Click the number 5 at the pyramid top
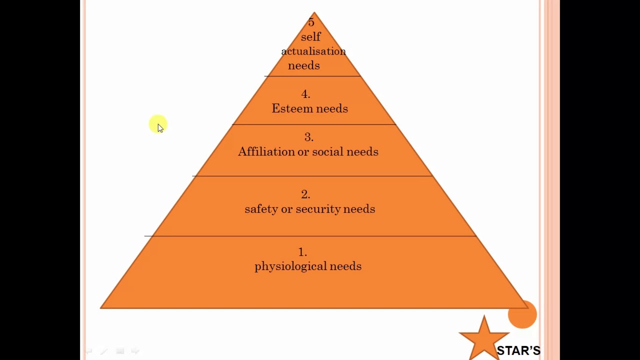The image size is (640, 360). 311,22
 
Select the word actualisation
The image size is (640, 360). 313,51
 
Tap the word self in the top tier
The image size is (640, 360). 310,37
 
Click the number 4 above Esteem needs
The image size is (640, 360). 305,94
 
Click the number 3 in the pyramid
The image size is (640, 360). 308,137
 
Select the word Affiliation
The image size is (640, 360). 266,152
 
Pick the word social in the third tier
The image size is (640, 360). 327,152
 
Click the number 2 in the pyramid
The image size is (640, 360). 305,194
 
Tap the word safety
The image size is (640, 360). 261,209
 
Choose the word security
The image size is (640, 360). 317,209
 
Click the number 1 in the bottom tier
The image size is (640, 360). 302,252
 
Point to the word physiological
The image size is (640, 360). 290,266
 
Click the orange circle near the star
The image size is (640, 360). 522,314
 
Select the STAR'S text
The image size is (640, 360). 518,350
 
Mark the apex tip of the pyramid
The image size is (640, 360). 314,13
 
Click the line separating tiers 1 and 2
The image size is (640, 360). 310,236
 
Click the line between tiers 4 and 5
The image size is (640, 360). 312,76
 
